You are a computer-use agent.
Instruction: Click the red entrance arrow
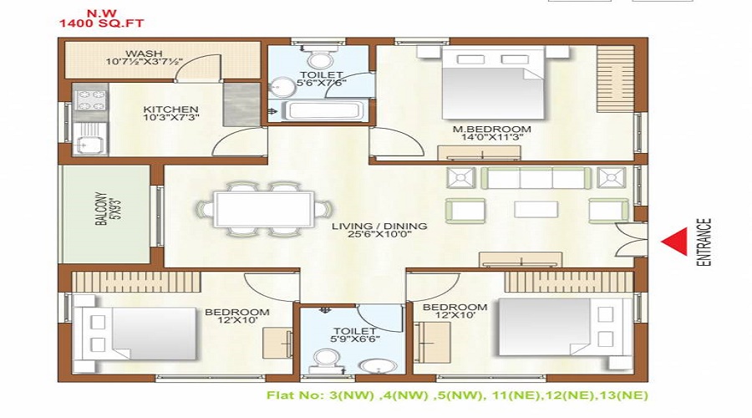(x=673, y=242)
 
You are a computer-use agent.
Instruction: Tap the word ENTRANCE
(x=704, y=242)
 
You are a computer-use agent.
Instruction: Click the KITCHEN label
(x=170, y=110)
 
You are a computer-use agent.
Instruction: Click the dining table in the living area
(x=264, y=209)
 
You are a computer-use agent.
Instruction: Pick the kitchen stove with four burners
(x=89, y=100)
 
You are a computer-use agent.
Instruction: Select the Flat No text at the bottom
(x=456, y=395)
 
